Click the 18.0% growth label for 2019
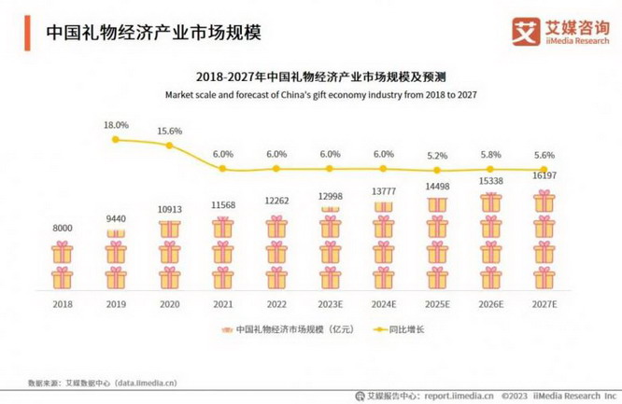(x=115, y=124)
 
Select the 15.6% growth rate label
(x=168, y=132)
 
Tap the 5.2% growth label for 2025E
(x=435, y=155)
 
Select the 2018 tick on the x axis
(x=62, y=303)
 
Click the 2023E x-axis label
(x=330, y=303)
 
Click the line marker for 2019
(x=115, y=139)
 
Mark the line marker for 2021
(x=221, y=168)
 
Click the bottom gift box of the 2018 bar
(x=62, y=277)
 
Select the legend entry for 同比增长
(x=393, y=329)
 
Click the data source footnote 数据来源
(x=102, y=383)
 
